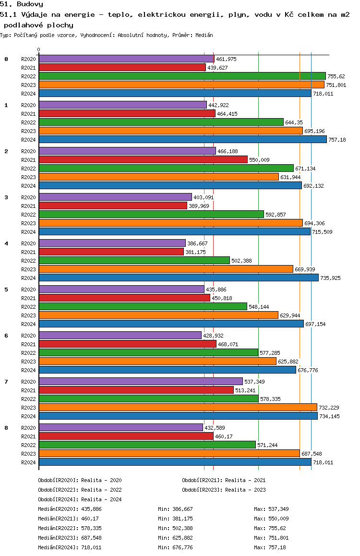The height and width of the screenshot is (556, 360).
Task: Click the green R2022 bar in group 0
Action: (182, 76)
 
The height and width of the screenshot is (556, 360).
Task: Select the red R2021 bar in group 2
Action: (143, 159)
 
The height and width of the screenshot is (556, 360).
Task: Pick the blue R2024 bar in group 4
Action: (179, 278)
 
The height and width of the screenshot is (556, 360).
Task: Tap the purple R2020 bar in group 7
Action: (141, 381)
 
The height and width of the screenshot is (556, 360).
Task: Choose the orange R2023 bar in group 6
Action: (157, 361)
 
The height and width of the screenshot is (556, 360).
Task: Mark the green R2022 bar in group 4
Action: (134, 260)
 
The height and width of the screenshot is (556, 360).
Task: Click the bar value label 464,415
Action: (227, 114)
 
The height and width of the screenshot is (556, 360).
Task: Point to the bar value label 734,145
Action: (329, 416)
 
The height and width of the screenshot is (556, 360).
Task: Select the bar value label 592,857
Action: (276, 215)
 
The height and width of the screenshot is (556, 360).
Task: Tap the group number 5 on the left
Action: (6, 290)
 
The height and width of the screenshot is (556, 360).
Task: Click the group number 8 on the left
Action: (6, 428)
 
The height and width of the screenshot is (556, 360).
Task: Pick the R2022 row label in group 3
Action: (28, 215)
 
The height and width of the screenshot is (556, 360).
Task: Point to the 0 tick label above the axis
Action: (38, 49)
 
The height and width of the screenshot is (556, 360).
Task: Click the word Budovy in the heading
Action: (30, 4)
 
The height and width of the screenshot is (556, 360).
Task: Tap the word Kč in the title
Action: (289, 14)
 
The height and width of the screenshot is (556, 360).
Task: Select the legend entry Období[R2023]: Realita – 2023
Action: (224, 490)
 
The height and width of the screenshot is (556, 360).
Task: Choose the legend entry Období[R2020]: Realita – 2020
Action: (80, 480)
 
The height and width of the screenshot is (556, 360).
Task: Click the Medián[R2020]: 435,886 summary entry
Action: (70, 509)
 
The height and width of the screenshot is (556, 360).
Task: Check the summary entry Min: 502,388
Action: (175, 528)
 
